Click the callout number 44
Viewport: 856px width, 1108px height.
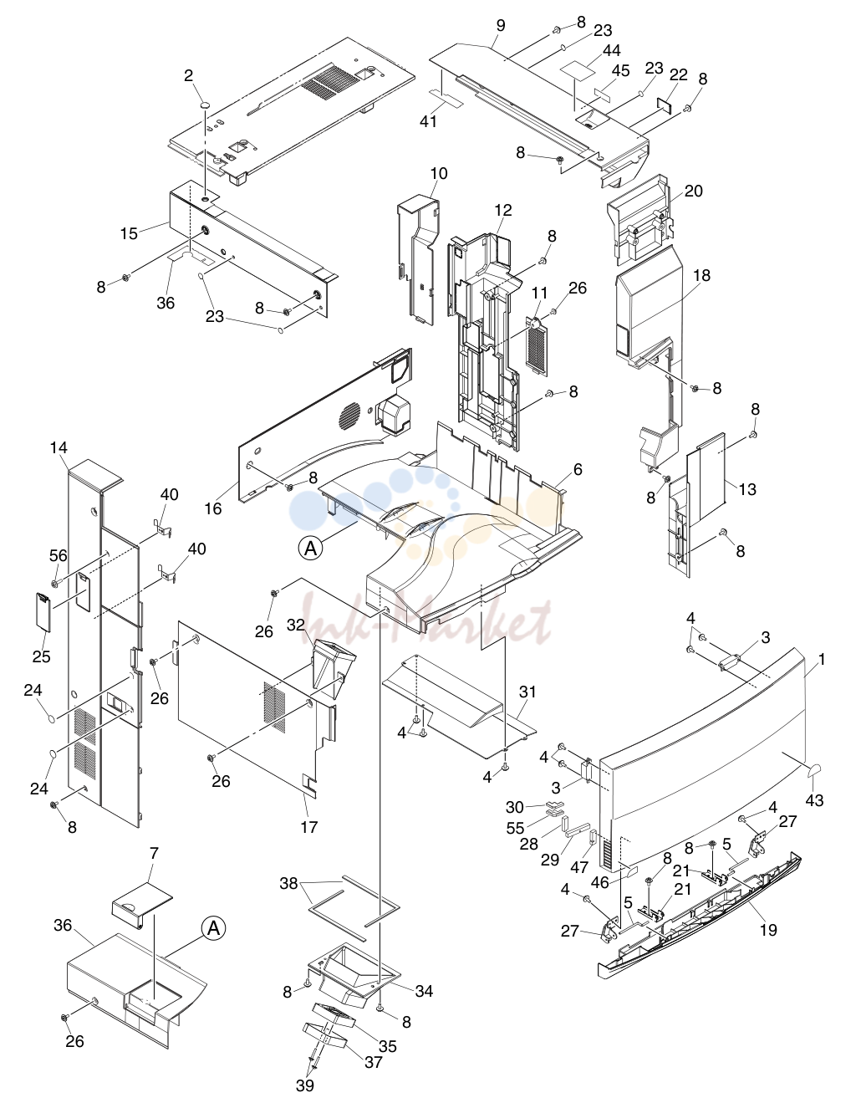coord(612,50)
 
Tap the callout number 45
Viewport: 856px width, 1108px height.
coord(620,70)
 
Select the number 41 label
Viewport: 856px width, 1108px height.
coord(429,121)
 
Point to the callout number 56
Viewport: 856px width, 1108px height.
coord(58,555)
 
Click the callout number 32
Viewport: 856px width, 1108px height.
coord(296,625)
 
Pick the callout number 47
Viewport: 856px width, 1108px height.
coord(579,866)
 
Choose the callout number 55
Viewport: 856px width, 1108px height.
coord(515,828)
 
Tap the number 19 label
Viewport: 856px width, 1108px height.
coord(768,930)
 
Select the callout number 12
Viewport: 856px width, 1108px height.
coord(503,210)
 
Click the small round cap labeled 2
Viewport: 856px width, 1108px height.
coord(205,104)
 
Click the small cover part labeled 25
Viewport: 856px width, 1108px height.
coord(43,611)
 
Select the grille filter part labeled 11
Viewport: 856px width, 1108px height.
coord(537,345)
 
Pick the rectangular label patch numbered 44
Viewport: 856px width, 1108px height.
coord(578,71)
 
